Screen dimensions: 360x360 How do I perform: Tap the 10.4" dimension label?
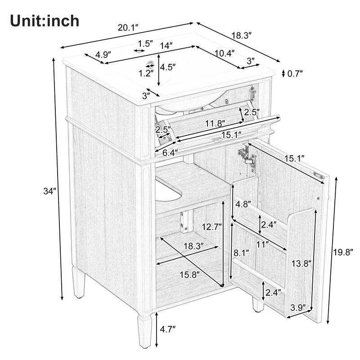click(x=224, y=53)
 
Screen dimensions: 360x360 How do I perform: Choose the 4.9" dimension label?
click(x=103, y=56)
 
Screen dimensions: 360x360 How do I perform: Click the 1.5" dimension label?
click(x=145, y=44)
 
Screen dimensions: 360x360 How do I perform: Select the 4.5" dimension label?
click(x=168, y=67)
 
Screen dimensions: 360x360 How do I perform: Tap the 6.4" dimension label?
click(x=169, y=153)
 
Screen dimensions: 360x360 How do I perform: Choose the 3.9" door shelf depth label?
click(x=297, y=308)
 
